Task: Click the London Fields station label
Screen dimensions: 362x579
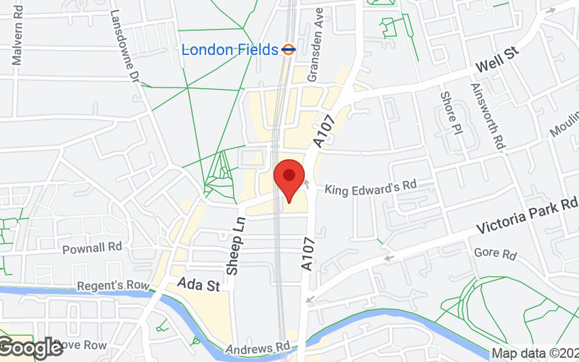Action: [229, 50]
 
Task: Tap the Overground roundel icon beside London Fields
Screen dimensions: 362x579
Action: [289, 49]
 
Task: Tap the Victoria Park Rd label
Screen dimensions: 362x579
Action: [528, 216]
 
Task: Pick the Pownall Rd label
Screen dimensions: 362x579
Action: [92, 248]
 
